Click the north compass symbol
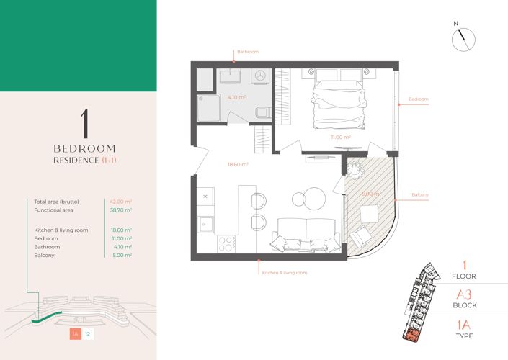(x=461, y=40)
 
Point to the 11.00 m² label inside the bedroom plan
(x=341, y=137)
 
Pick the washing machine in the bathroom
(x=261, y=76)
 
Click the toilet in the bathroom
(x=262, y=111)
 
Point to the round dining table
(x=315, y=197)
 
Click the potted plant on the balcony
(x=355, y=167)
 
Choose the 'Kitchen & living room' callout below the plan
(x=285, y=273)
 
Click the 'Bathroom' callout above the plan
(x=248, y=52)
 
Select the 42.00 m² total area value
(x=120, y=202)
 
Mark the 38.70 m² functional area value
(x=120, y=211)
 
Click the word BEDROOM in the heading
(x=85, y=148)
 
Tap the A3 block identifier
(x=463, y=294)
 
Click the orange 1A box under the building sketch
(x=75, y=333)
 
